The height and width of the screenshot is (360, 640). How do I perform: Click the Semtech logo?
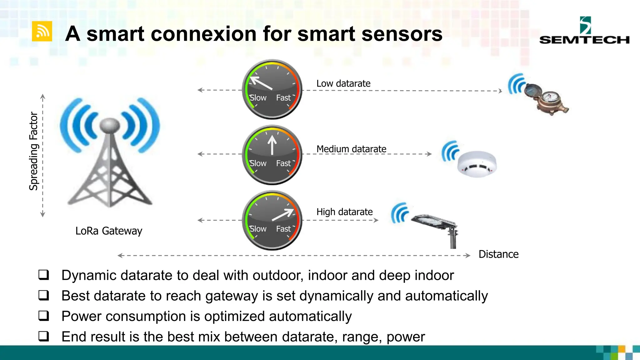point(584,31)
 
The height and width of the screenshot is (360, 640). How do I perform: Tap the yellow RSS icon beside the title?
point(42,31)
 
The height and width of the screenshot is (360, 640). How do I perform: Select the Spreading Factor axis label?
point(33,151)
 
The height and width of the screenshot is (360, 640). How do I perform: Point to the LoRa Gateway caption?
point(109,231)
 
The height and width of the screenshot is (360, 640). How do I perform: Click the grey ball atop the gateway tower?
point(109,126)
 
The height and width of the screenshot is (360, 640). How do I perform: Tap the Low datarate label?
point(343,83)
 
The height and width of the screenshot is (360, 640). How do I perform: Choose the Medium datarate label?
point(351,149)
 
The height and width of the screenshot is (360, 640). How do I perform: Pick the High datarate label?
point(344,212)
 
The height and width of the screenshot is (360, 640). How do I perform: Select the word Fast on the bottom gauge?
point(283,229)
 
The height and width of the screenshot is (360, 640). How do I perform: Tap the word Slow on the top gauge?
point(258,98)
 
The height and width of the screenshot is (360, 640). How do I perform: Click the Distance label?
point(498,254)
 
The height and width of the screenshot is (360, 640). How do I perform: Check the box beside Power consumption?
point(44,316)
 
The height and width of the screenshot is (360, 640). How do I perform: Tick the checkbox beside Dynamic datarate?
point(44,275)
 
